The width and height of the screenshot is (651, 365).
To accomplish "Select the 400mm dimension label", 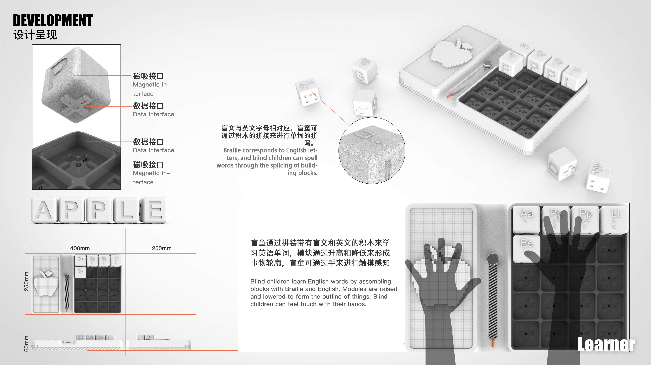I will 80,248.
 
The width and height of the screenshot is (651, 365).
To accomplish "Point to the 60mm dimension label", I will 26,344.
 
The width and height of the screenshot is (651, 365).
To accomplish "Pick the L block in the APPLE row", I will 126,210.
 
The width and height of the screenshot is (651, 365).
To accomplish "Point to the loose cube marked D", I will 562,164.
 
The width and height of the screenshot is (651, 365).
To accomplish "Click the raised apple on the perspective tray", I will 450,53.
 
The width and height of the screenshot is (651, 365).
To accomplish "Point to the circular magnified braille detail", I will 372,151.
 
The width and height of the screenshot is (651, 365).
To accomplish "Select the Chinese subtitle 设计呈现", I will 35,35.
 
